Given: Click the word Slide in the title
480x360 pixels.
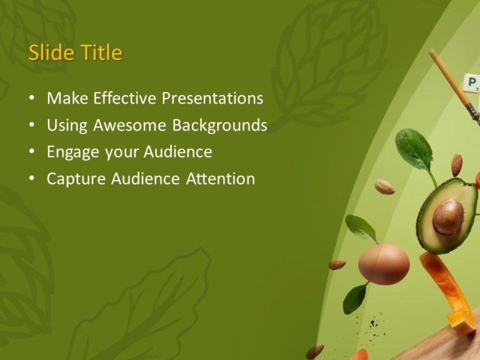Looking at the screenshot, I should pyautogui.click(x=50, y=53).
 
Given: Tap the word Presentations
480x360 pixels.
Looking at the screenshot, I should pyautogui.click(x=212, y=98).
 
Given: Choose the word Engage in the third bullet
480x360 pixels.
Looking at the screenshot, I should pyautogui.click(x=71, y=152).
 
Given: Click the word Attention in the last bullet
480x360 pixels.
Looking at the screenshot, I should pyautogui.click(x=221, y=179).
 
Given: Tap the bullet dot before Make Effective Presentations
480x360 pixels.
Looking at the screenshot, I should pyautogui.click(x=32, y=99).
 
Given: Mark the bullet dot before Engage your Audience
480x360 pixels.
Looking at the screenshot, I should pyautogui.click(x=32, y=152).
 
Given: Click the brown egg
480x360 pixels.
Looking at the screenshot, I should pyautogui.click(x=384, y=264).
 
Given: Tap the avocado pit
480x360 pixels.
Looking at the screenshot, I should pyautogui.click(x=448, y=216).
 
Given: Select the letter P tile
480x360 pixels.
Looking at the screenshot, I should pyautogui.click(x=470, y=82).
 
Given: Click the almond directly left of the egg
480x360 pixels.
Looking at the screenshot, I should pyautogui.click(x=337, y=264).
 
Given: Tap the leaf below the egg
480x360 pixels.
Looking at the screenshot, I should pyautogui.click(x=354, y=298).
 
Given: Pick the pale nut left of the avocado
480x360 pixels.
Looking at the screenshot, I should pyautogui.click(x=384, y=187).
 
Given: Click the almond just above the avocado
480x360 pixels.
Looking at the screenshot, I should pyautogui.click(x=457, y=164).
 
